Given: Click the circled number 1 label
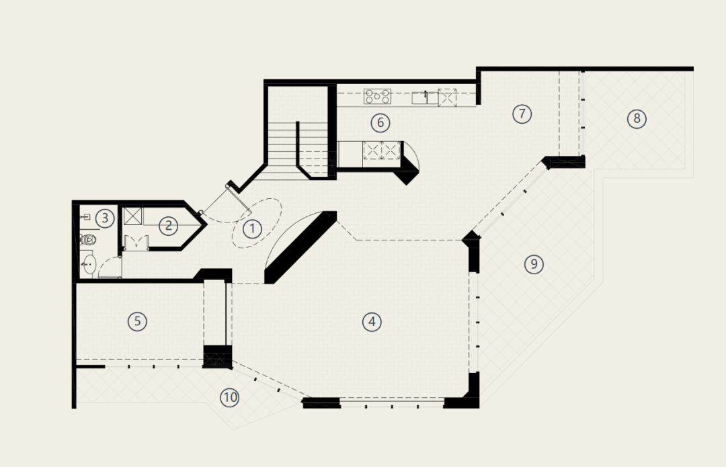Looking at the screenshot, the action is (252, 228).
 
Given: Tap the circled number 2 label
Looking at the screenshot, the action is (168, 226).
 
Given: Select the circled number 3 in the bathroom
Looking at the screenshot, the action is (105, 218).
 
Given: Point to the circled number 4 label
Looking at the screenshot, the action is (372, 322).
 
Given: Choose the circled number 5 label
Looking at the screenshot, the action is (138, 321).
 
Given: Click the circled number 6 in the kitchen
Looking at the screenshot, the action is (380, 123).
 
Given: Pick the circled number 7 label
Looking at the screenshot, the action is (522, 114).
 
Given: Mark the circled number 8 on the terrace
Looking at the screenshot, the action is (637, 119).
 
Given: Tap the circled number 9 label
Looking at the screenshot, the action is (534, 264).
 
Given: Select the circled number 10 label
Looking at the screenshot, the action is (230, 398).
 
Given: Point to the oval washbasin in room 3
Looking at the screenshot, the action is (88, 264).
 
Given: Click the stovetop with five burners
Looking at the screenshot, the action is (377, 97).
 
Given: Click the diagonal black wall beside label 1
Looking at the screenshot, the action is (300, 247).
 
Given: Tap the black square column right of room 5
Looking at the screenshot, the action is (217, 356).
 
